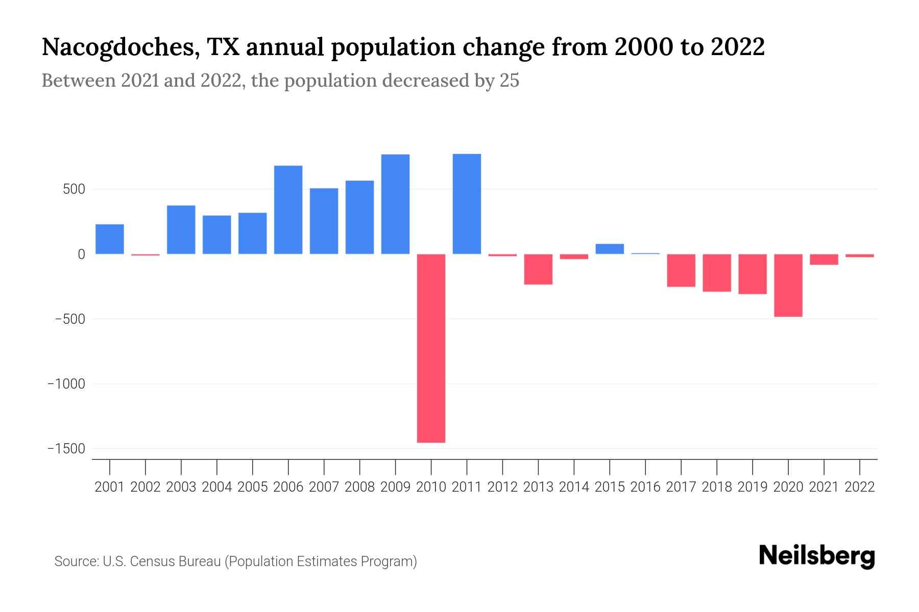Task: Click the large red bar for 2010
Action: [431, 348]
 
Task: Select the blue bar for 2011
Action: [467, 204]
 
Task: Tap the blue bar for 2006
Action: [288, 210]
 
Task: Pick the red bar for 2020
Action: [788, 285]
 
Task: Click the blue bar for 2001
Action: [110, 239]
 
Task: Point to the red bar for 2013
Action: [538, 269]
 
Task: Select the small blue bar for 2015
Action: [610, 249]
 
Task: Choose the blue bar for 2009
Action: [395, 204]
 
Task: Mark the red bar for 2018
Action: [717, 273]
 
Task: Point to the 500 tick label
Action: [74, 190]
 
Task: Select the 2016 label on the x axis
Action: [645, 487]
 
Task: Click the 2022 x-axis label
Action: [860, 487]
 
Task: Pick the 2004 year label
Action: [217, 487]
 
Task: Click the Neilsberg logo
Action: [817, 556]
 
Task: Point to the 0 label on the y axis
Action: [81, 254]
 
